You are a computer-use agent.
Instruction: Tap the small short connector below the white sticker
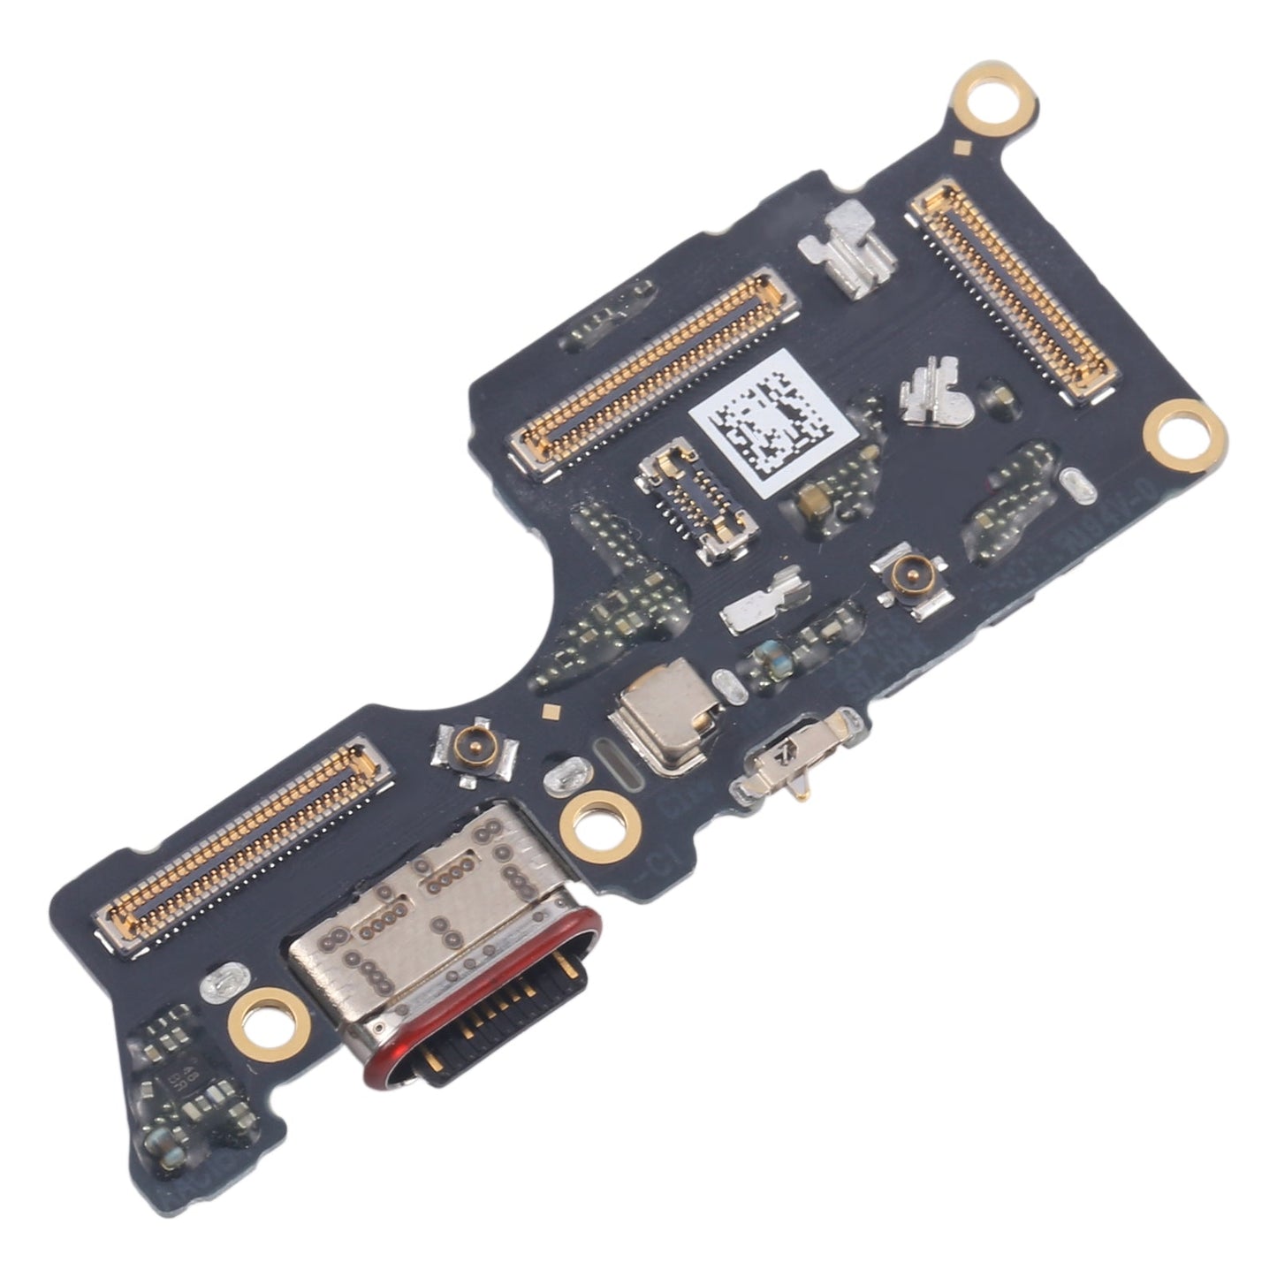[696, 500]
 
